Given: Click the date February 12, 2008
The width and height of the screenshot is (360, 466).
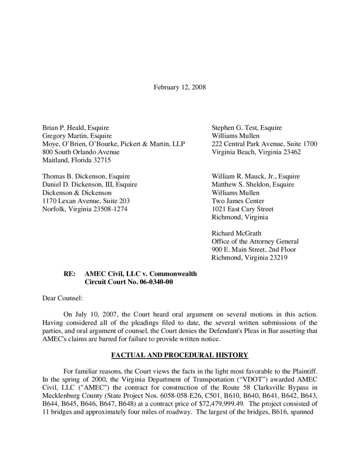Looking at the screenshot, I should pyautogui.click(x=180, y=87).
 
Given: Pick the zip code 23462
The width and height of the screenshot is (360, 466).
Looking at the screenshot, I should pyautogui.click(x=292, y=152).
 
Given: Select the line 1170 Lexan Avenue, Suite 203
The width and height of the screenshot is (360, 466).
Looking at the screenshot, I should pyautogui.click(x=86, y=201).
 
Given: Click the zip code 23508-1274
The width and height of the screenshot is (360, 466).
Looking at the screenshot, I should pyautogui.click(x=110, y=209).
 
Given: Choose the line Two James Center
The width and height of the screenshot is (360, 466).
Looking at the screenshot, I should pyautogui.click(x=238, y=201).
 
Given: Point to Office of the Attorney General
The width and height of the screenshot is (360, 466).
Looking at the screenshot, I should pyautogui.click(x=255, y=241).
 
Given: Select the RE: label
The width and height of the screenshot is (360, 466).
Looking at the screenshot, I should pyautogui.click(x=69, y=274).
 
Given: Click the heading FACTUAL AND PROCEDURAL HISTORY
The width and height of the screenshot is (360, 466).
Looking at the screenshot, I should pyautogui.click(x=180, y=355).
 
